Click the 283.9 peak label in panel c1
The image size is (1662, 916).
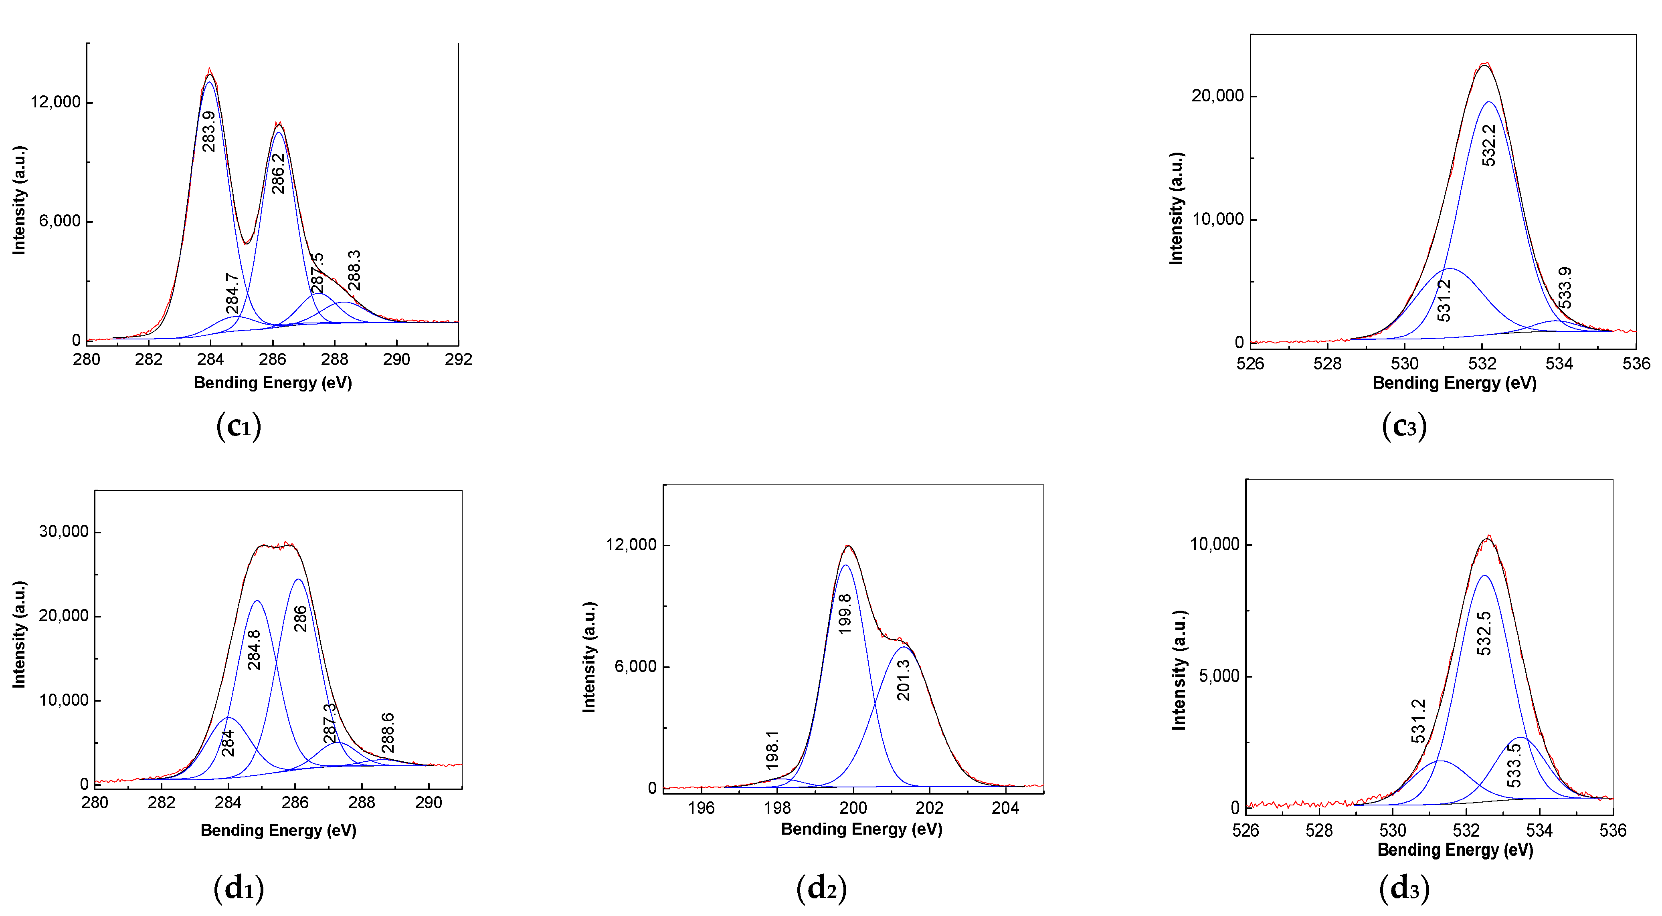208,131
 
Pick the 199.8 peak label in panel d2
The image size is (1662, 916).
845,614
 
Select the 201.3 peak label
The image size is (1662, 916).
903,680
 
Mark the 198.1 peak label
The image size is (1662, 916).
772,750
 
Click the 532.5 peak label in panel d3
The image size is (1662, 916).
1484,634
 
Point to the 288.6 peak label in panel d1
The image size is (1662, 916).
387,733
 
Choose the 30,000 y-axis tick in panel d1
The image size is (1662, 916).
63,532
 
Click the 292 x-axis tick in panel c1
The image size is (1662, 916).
458,360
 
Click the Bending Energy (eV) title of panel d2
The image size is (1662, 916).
861,829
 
